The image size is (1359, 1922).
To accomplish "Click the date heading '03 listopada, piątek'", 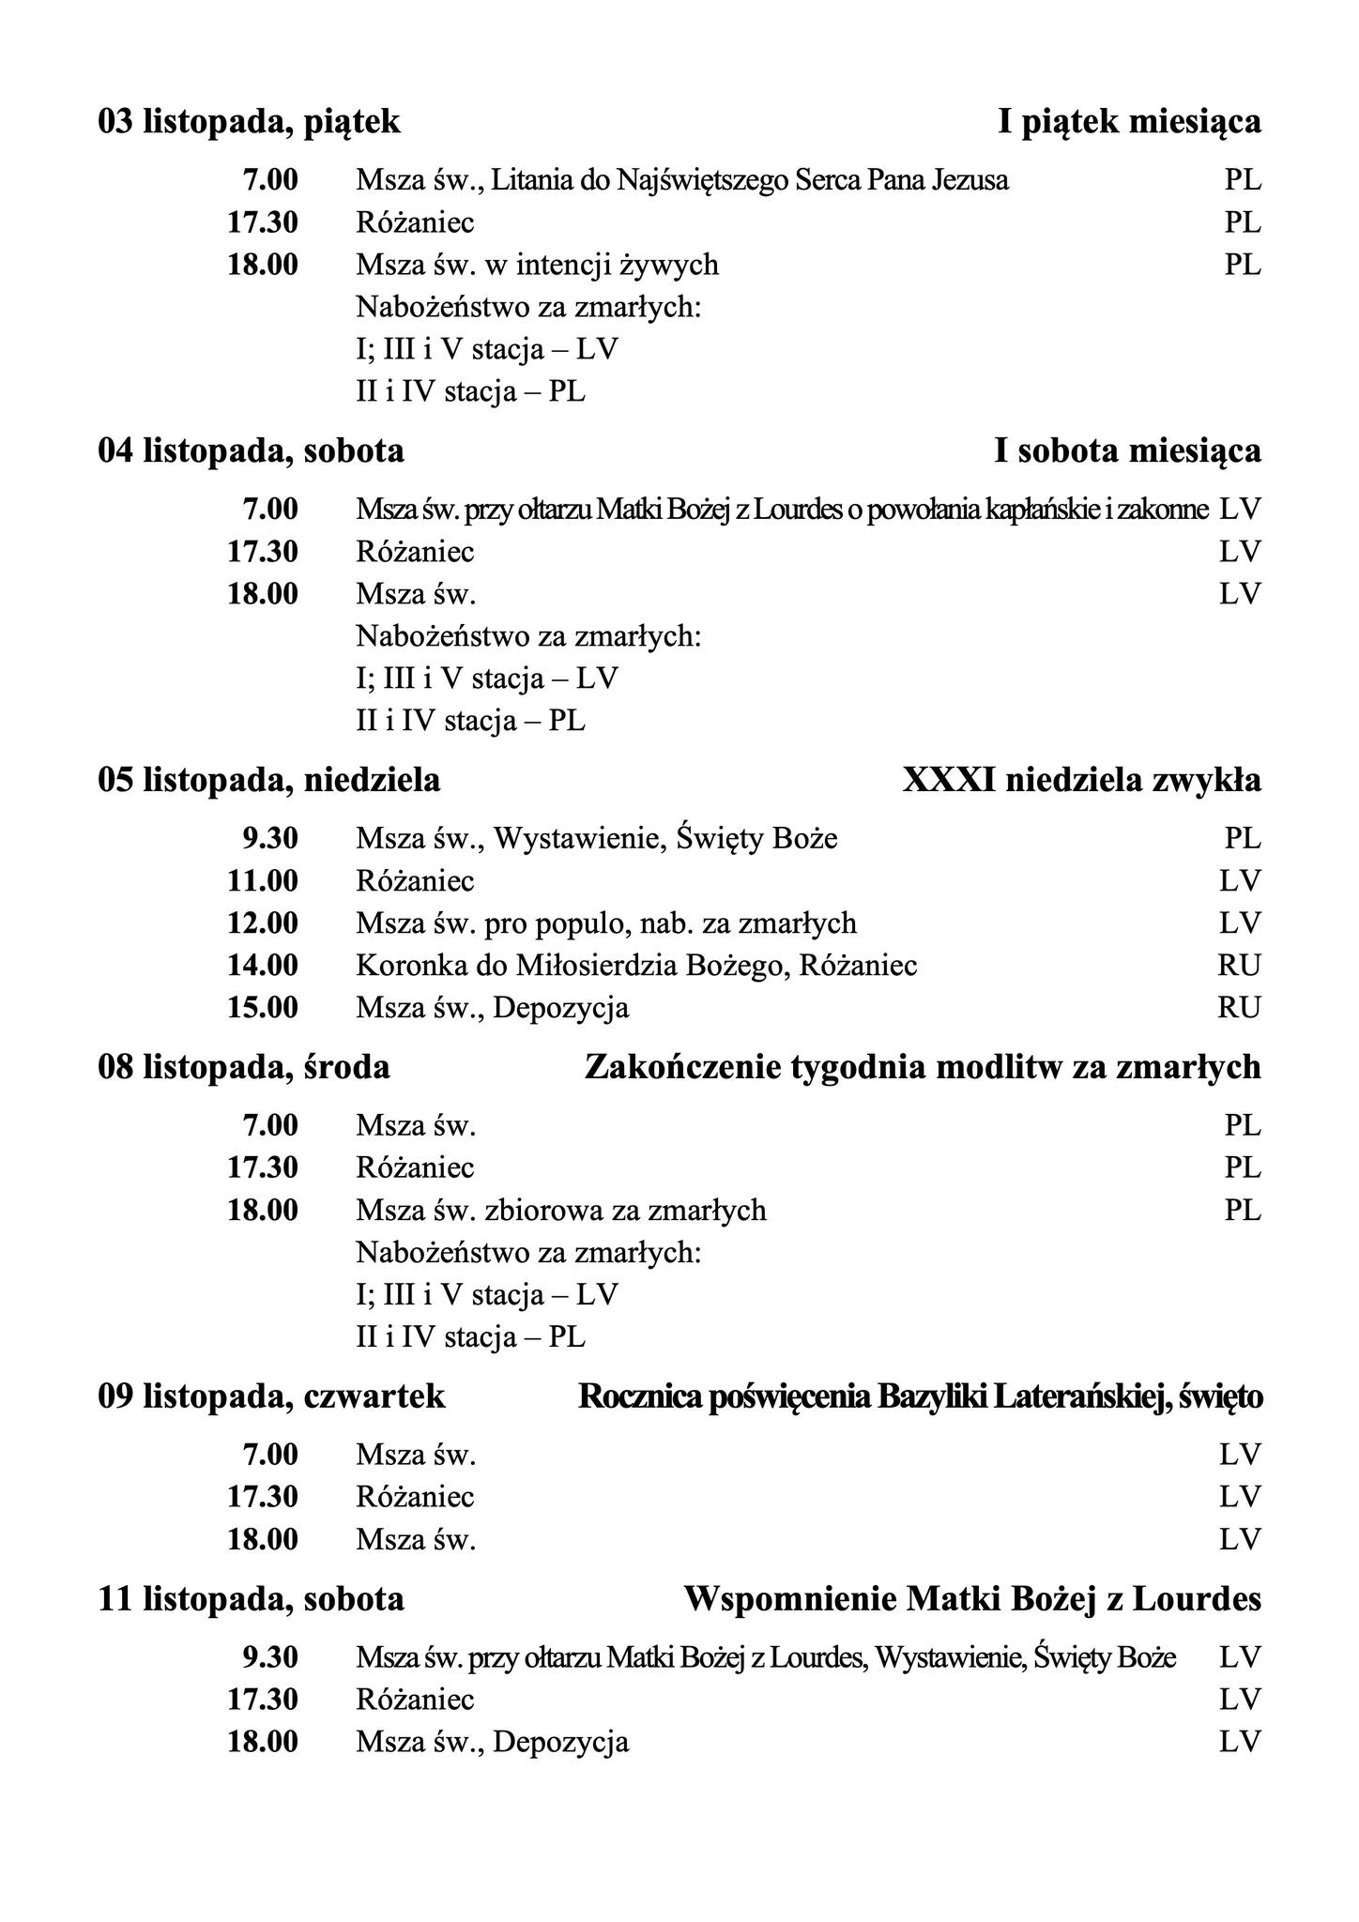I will point(249,122).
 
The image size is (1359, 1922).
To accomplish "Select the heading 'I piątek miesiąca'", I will point(1129,122).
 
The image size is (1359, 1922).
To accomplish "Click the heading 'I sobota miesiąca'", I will point(1127,451).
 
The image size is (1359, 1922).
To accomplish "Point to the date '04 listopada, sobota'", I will point(251,451).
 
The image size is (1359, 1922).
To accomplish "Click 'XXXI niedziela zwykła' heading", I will point(1081,780).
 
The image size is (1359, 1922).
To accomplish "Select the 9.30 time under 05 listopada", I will point(270,838).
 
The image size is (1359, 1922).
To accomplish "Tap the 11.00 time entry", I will point(263,881).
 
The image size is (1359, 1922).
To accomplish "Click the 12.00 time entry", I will point(263,923).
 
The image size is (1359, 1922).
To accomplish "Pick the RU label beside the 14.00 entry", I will point(1239,965).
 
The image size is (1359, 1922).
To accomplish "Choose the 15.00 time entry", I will point(263,1008).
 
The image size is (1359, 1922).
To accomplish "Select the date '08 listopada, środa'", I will point(244,1067).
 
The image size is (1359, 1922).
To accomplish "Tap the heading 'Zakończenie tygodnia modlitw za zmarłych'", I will point(923,1067).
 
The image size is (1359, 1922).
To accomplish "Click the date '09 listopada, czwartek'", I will point(271,1396).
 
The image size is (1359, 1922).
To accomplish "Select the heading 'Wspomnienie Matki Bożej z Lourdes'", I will point(972,1598).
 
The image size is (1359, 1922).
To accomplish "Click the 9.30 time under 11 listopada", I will point(270,1657).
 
